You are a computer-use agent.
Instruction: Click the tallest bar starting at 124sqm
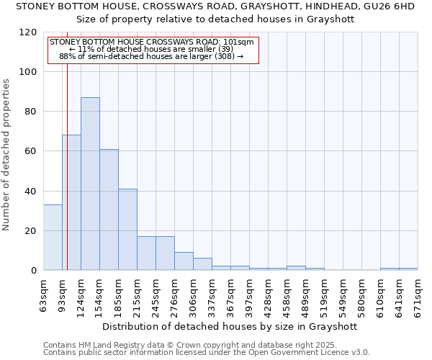click(x=90, y=184)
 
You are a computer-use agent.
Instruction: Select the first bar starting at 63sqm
click(x=53, y=238)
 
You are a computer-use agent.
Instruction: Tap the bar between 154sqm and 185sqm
click(x=109, y=210)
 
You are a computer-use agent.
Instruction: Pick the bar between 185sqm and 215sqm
click(x=127, y=230)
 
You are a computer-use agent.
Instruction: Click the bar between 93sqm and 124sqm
click(x=71, y=202)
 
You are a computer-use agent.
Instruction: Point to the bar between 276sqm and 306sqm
click(x=184, y=261)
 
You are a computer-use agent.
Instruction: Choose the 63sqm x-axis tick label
click(x=44, y=295)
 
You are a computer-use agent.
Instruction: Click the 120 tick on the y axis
click(x=29, y=32)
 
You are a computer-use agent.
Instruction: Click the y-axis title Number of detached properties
click(x=7, y=156)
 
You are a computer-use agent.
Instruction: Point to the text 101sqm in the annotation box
click(x=238, y=42)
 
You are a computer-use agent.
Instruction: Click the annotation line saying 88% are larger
click(x=151, y=56)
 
